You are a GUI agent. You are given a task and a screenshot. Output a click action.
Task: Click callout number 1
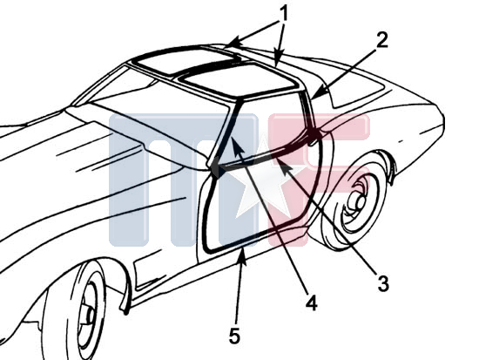pyautogui.click(x=284, y=13)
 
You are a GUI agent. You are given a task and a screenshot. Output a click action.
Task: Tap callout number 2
pyautogui.click(x=381, y=40)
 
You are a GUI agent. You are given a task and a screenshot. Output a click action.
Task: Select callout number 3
pyautogui.click(x=383, y=283)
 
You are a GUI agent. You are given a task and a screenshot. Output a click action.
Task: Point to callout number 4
pyautogui.click(x=311, y=302)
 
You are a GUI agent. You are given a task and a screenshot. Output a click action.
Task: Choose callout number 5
pyautogui.click(x=234, y=336)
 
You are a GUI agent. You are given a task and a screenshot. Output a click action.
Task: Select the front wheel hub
pyautogui.click(x=90, y=315)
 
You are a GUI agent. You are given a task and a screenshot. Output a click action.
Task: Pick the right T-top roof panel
pyautogui.click(x=239, y=79)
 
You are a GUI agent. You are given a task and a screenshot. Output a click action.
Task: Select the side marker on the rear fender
pyautogui.click(x=401, y=141)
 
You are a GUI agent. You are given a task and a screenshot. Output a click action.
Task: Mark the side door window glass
pyautogui.click(x=266, y=128)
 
